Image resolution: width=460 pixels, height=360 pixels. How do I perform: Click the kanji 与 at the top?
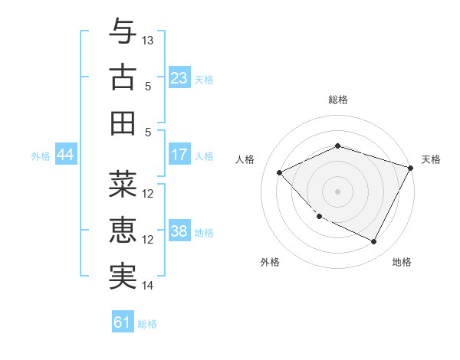click(123, 31)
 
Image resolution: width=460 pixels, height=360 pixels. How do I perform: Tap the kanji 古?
click(123, 77)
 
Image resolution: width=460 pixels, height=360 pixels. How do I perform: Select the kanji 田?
click(123, 123)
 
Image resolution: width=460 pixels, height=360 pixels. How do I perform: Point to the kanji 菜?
click(123, 185)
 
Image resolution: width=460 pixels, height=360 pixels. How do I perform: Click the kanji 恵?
click(123, 231)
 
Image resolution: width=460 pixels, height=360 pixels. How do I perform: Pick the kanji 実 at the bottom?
click(123, 277)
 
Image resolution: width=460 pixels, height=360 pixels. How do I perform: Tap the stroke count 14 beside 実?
click(149, 286)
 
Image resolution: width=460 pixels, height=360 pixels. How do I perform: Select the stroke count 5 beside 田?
click(149, 132)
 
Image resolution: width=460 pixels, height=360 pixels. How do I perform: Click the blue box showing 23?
click(179, 78)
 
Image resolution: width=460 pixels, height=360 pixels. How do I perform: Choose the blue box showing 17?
click(179, 155)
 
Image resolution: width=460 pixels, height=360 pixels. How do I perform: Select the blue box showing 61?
click(123, 322)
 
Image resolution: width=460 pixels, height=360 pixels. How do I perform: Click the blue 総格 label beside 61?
click(147, 324)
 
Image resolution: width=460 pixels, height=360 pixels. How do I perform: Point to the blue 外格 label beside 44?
click(41, 156)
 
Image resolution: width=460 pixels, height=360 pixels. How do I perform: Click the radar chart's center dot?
click(337, 191)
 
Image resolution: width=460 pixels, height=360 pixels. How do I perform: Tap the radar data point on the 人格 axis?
click(280, 173)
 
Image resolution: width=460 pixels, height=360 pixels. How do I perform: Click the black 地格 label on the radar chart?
click(402, 262)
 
